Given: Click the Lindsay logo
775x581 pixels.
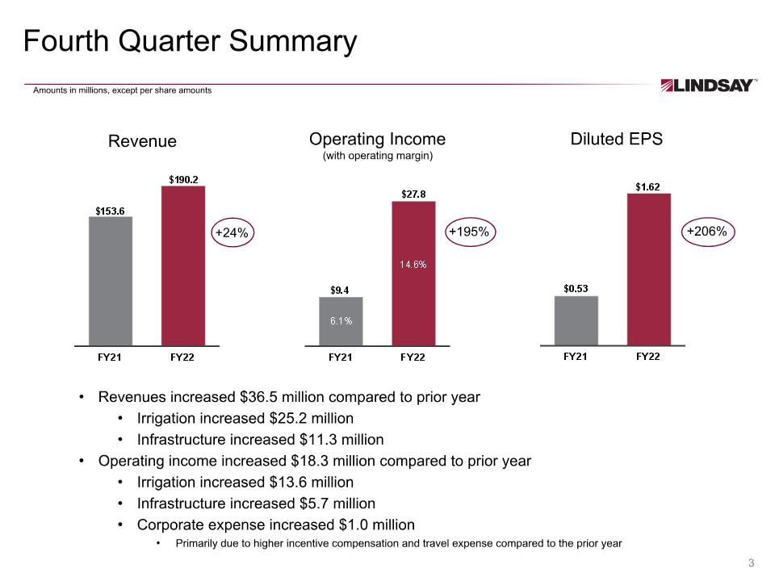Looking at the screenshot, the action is tap(708, 86).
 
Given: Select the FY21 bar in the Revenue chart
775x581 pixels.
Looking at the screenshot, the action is tap(111, 281).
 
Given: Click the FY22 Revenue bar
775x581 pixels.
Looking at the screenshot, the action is tap(183, 265).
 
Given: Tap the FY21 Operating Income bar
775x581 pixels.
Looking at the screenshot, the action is tap(341, 321).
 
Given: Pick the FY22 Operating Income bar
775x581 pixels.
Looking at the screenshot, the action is tap(413, 274).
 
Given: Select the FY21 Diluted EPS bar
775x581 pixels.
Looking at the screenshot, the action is tap(576, 320).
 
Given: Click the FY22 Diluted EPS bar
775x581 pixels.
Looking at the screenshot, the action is tap(649, 270).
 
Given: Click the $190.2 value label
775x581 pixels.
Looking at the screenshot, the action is tap(183, 179).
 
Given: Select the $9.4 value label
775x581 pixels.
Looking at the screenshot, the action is tap(340, 290).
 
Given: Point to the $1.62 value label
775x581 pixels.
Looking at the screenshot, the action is tap(647, 186).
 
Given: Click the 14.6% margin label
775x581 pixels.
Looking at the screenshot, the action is tap(413, 265).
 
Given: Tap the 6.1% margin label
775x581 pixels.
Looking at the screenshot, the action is tap(341, 320).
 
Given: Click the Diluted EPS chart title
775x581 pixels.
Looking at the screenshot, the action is tap(616, 139).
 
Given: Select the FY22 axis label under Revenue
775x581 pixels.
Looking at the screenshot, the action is tap(182, 357).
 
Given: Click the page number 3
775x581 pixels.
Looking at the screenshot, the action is tap(752, 562).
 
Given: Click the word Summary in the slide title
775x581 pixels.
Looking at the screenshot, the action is tap(292, 41).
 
